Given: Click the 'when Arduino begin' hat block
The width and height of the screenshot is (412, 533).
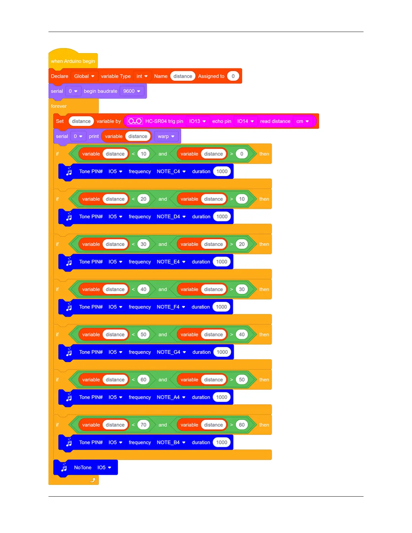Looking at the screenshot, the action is coord(73,61).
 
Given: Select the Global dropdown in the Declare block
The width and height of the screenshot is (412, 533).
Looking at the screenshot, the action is coord(84,76).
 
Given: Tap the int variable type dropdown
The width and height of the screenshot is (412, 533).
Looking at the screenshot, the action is coord(142,76).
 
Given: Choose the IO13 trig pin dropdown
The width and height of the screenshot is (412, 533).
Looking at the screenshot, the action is coord(197,121).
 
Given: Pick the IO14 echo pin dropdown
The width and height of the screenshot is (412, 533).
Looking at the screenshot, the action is coord(245,121).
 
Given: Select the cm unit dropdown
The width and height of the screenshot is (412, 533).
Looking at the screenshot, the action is coord(302,121).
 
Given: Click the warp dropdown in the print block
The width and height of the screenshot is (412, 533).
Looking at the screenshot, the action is coord(166,136).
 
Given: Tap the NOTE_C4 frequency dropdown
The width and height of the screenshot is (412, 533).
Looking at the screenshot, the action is coord(171,171).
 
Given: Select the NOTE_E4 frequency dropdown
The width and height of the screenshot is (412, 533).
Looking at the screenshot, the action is coord(171,262).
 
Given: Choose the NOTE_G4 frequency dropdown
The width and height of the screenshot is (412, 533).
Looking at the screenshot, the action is coord(171,352).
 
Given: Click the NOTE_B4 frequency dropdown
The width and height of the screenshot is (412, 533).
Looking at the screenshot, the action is coord(171,442).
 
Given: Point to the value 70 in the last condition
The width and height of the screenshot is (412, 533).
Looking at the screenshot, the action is coord(143,425).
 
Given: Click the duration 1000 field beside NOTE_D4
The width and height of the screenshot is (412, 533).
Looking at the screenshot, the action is coord(222,217).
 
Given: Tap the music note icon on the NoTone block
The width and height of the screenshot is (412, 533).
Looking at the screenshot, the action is coord(64,467).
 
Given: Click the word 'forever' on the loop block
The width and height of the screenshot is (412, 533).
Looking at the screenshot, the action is coord(59,106).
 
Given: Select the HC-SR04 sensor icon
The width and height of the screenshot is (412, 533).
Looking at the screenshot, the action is coord(135,121).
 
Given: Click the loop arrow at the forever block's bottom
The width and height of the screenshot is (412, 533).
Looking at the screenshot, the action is coord(93,480).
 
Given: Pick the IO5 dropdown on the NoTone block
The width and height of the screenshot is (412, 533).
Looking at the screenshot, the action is coord(104,467).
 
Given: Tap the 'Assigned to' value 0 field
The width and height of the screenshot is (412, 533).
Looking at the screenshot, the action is coord(233,76).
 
